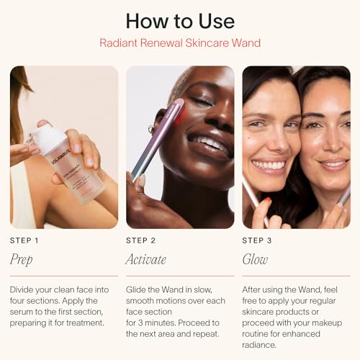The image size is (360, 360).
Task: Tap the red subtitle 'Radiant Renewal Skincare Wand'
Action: click(179, 43)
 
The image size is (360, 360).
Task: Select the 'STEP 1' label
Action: click(24, 240)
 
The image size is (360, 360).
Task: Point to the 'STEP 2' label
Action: click(140, 240)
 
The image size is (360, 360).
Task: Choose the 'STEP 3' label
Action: click(257, 240)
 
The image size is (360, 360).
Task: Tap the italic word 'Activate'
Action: click(146, 260)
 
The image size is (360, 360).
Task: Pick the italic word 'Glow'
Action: click(255, 260)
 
